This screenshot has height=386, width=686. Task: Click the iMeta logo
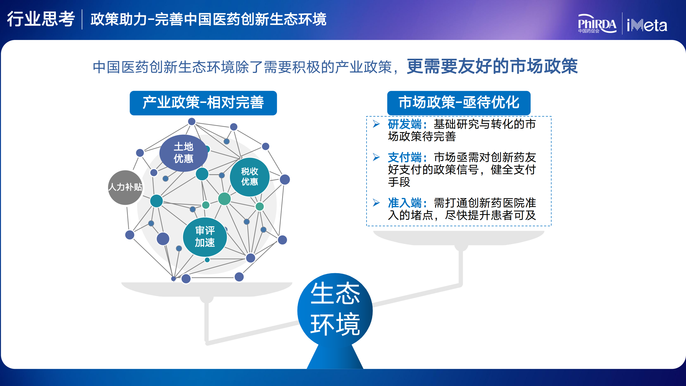pyautogui.click(x=647, y=25)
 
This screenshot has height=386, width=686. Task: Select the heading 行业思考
pyautogui.click(x=41, y=19)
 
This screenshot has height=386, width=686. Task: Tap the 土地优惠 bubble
pyautogui.click(x=184, y=153)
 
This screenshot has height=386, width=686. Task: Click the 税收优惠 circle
pyautogui.click(x=249, y=177)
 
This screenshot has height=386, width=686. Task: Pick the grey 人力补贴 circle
pyautogui.click(x=125, y=187)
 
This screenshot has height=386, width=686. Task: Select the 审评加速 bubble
pyautogui.click(x=205, y=237)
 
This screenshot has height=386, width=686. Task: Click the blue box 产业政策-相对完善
pyautogui.click(x=203, y=103)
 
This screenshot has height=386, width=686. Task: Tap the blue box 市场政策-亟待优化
pyautogui.click(x=459, y=103)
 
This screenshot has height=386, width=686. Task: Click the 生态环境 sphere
pyautogui.click(x=335, y=310)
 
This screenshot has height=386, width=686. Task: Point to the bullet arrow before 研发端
pyautogui.click(x=376, y=124)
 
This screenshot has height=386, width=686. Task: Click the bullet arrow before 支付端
pyautogui.click(x=376, y=157)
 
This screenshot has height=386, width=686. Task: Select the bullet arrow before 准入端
pyautogui.click(x=376, y=203)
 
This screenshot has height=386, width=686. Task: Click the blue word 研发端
pyautogui.click(x=405, y=124)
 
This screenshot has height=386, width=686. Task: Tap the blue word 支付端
pyautogui.click(x=405, y=157)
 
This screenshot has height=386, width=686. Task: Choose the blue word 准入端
pyautogui.click(x=405, y=203)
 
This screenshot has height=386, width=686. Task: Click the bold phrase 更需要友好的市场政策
pyautogui.click(x=492, y=66)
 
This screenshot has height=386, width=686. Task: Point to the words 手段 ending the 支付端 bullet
pyautogui.click(x=399, y=182)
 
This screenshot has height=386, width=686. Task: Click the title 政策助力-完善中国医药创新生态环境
pyautogui.click(x=208, y=19)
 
